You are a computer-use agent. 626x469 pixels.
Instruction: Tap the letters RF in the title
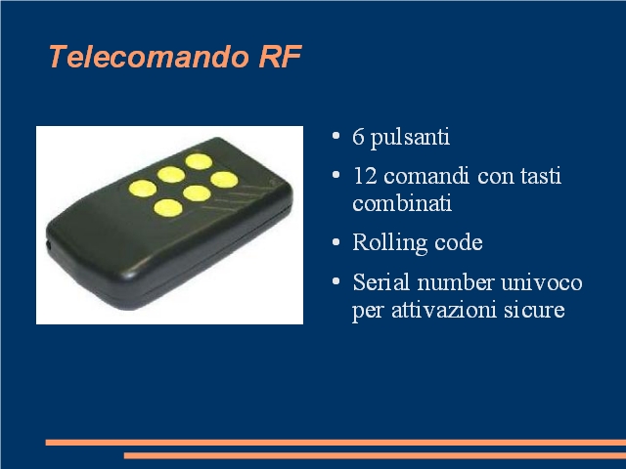281,57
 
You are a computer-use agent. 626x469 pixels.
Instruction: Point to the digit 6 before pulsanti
358,137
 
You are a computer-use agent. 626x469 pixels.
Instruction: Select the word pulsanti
410,139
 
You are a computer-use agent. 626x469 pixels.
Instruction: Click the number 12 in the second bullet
365,176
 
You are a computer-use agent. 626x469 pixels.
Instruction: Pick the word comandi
426,176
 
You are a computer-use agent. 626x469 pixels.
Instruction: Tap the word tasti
541,176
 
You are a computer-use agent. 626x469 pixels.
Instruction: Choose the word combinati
402,202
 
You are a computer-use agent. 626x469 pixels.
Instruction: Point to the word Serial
381,282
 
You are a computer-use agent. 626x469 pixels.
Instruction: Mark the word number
456,282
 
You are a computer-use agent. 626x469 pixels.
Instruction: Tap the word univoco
542,282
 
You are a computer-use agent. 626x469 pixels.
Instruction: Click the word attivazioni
444,310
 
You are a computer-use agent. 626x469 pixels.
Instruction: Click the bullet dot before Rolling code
335,242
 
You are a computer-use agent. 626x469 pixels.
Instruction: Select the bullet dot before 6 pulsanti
335,136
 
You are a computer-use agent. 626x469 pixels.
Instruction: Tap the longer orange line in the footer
335,443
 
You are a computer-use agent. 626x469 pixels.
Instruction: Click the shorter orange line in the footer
375,455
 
